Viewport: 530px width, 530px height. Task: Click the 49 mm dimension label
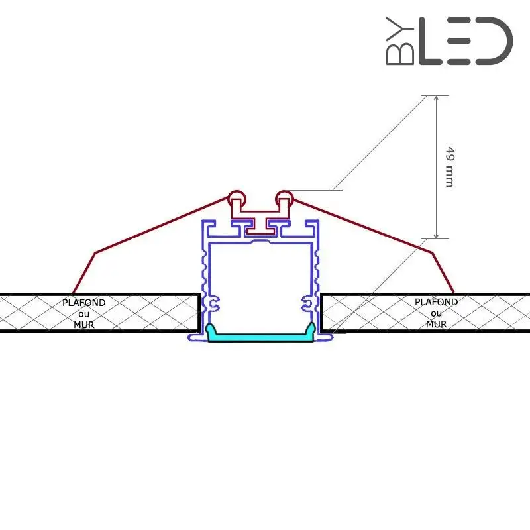pyautogui.click(x=449, y=166)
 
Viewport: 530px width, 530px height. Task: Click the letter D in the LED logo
pyautogui.click(x=494, y=41)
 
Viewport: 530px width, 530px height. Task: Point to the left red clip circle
pyautogui.click(x=236, y=197)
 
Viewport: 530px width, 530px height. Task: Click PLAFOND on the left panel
pyautogui.click(x=83, y=303)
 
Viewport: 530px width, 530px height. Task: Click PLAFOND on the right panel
pyautogui.click(x=436, y=302)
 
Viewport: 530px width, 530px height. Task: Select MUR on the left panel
pyautogui.click(x=83, y=324)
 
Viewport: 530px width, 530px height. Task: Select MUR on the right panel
pyautogui.click(x=436, y=324)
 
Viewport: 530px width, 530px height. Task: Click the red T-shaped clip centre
pyautogui.click(x=260, y=225)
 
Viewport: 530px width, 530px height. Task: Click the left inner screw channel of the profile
pyautogui.click(x=213, y=304)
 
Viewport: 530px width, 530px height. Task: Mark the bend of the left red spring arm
pyautogui.click(x=95, y=252)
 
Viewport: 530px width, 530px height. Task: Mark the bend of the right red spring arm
pyautogui.click(x=432, y=252)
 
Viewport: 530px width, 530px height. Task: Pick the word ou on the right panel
pyautogui.click(x=436, y=313)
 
